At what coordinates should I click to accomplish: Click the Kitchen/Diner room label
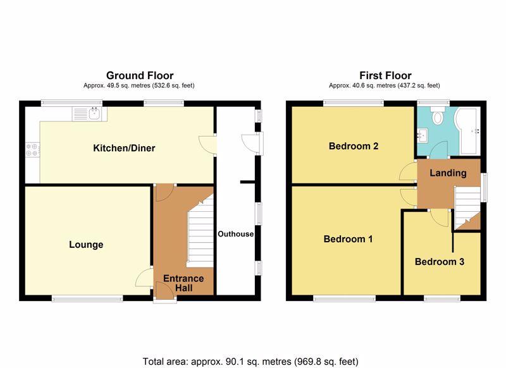[x=124, y=148]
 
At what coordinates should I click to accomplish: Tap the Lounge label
[x=86, y=245]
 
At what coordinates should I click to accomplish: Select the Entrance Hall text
[x=183, y=283]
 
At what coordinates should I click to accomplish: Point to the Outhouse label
[x=235, y=234]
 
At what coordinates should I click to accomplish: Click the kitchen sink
[x=89, y=114]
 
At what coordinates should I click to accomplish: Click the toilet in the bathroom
[x=438, y=116]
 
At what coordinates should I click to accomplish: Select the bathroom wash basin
[x=423, y=135]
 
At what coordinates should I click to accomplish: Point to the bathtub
[x=467, y=130]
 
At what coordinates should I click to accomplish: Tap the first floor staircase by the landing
[x=467, y=208]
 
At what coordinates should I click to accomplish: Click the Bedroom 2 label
[x=354, y=146]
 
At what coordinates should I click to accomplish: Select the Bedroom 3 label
[x=439, y=262]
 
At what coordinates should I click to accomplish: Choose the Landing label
[x=448, y=173]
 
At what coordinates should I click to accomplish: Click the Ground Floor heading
[x=140, y=75]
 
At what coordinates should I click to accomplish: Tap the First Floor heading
[x=385, y=75]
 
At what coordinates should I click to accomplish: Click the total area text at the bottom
[x=250, y=361]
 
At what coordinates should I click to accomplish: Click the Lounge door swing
[x=144, y=278]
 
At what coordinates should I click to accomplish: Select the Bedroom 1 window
[x=344, y=299]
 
